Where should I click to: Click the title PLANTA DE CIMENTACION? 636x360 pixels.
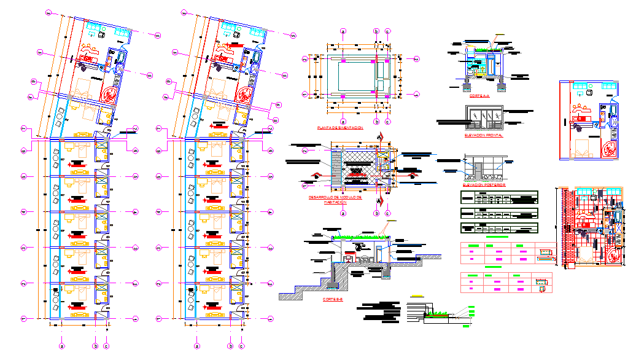(339, 128)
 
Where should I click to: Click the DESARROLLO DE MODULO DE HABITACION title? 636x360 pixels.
(336, 200)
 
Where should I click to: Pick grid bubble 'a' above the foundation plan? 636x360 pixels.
(343, 30)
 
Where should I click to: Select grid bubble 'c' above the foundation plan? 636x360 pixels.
(388, 30)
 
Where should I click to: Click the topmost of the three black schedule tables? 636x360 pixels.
(499, 198)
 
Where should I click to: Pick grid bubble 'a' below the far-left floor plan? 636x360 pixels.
(61, 346)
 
